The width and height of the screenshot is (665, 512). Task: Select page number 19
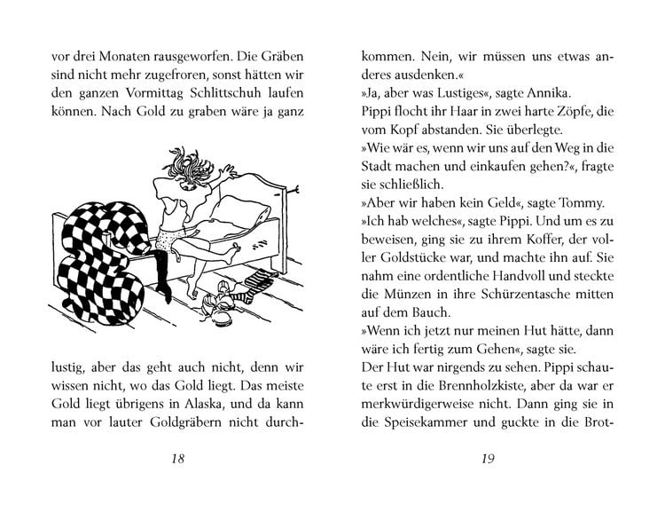(x=485, y=482)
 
